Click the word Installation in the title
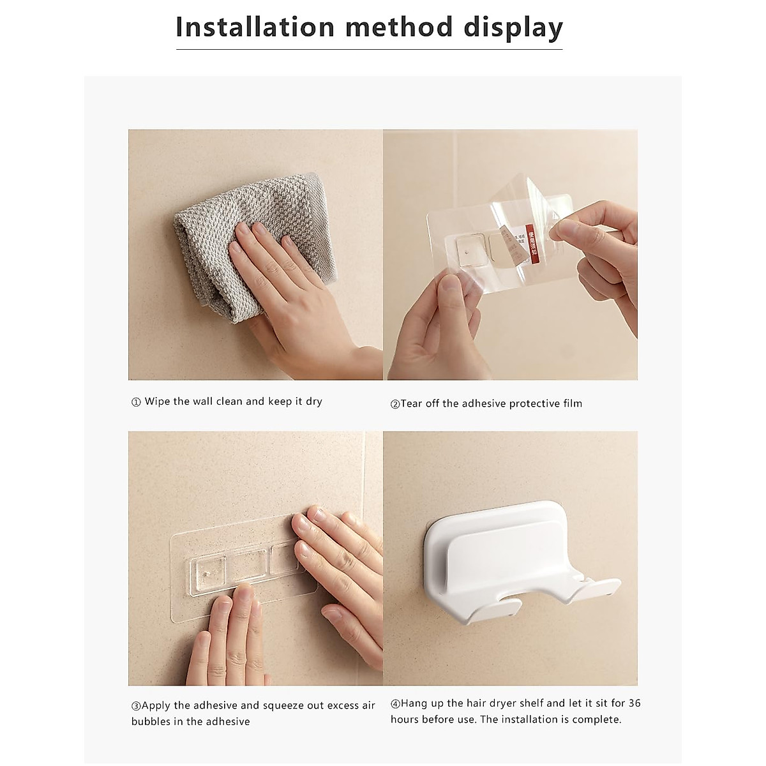255,27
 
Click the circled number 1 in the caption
136,403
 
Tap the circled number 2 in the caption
395,404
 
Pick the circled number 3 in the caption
136,706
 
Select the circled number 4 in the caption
395,703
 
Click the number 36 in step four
634,703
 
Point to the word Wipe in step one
157,402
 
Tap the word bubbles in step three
151,721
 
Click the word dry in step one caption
313,402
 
